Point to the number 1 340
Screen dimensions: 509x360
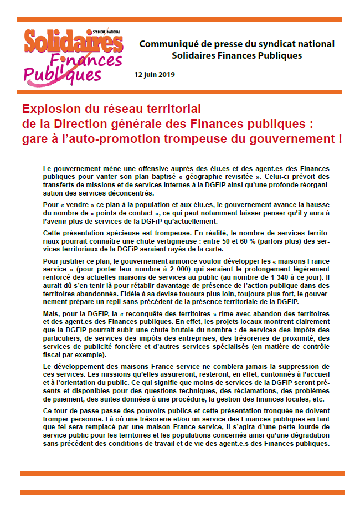point(302,277)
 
